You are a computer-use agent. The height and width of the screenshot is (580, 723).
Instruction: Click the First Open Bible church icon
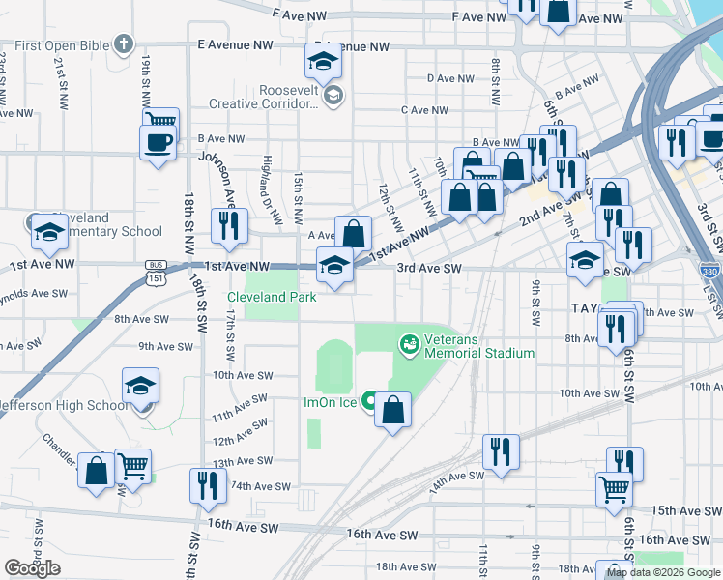point(122,43)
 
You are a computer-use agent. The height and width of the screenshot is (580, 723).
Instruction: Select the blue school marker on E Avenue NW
point(323,62)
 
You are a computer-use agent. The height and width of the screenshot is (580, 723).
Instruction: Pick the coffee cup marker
point(158,144)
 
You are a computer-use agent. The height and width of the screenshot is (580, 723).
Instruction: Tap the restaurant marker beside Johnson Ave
point(229,226)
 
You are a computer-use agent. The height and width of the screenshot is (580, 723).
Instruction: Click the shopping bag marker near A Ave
point(354,233)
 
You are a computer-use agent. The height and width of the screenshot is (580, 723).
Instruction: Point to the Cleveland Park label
point(272,298)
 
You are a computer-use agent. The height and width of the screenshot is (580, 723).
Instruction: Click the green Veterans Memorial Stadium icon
point(409,342)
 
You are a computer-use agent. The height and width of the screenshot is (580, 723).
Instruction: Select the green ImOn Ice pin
point(368,401)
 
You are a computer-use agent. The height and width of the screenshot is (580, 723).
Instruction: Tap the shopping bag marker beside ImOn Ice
point(392,411)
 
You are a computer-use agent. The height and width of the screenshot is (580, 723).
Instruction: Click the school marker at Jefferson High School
point(141,388)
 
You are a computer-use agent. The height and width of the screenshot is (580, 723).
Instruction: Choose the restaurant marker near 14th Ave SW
point(500,451)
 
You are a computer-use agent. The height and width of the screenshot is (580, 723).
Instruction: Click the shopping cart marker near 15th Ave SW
point(615,490)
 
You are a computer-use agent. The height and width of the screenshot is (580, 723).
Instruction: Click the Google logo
point(33,568)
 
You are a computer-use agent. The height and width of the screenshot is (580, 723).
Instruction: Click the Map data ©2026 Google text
point(664,573)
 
